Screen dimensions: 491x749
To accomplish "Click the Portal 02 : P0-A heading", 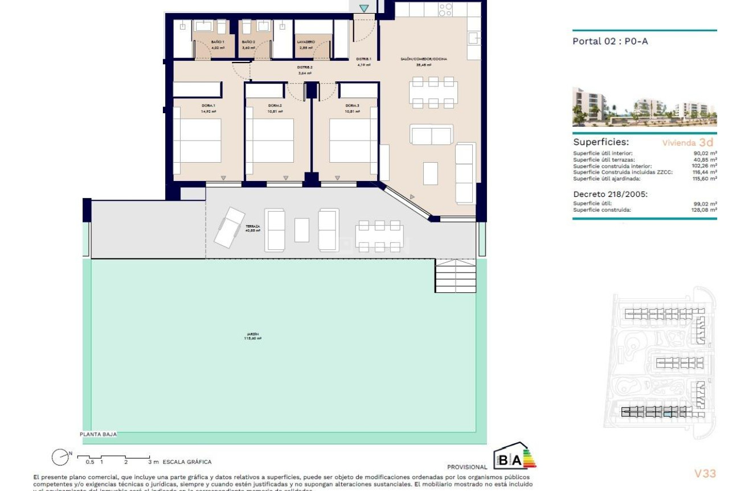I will (x=610, y=41).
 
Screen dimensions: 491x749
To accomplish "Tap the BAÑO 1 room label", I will (x=218, y=43).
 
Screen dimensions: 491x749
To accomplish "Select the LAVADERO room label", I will (x=305, y=43).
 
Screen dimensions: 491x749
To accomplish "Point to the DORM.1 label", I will (x=208, y=106).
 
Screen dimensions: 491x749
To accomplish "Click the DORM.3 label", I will (x=351, y=106).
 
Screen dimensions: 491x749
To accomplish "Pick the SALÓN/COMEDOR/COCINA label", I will (x=423, y=59).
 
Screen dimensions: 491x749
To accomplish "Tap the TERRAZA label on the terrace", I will (x=253, y=226).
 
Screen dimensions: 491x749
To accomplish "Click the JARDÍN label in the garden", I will (x=253, y=335).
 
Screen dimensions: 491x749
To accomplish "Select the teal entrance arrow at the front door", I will (x=364, y=8).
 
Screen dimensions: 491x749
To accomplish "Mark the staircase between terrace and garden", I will (x=456, y=275).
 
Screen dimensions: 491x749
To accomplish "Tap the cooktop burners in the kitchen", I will (x=445, y=10).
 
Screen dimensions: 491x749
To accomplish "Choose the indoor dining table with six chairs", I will (x=433, y=92).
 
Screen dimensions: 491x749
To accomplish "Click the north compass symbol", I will (x=59, y=457).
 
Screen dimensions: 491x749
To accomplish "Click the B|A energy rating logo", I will (x=514, y=459).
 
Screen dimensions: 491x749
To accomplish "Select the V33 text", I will (x=705, y=473).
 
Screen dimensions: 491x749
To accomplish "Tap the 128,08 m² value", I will (x=703, y=210).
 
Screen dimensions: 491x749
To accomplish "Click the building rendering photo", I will (x=644, y=107).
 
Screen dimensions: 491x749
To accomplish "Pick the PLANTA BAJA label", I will (x=99, y=434).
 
